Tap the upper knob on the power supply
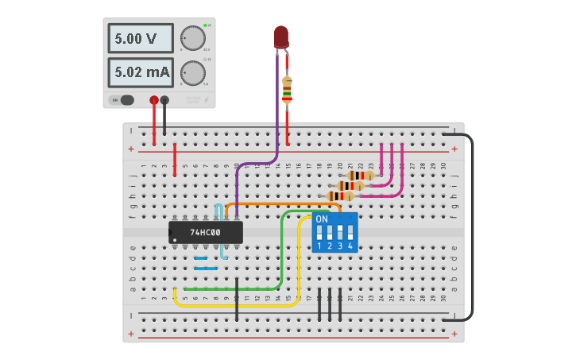191,38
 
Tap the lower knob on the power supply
191,73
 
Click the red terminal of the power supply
153,100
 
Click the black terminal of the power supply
164,100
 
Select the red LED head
281,37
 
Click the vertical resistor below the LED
287,89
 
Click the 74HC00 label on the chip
205,233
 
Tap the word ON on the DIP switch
322,219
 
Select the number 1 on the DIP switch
319,246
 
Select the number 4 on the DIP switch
350,246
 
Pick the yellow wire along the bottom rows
238,304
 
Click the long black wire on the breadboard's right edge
473,230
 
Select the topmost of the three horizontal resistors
361,176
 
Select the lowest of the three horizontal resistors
342,196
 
